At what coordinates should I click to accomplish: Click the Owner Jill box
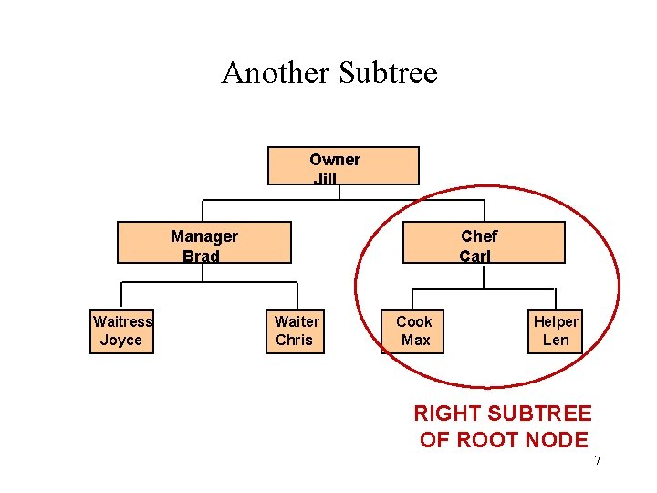coord(342,166)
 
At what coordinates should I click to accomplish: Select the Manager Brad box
coord(204,243)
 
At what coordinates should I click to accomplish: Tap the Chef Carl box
coord(484,243)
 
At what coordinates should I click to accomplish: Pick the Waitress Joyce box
coord(121,331)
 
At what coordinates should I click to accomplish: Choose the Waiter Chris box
coord(296,331)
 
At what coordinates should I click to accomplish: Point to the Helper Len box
coord(555,331)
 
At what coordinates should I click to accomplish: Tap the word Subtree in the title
coord(388,72)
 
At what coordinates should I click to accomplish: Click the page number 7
coord(598,460)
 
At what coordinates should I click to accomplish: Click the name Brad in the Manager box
coord(201,257)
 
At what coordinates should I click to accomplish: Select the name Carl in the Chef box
coord(475,257)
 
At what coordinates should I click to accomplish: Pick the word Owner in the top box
coord(334,160)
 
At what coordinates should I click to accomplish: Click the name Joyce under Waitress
coord(121,341)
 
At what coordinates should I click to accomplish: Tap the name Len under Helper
coord(556,341)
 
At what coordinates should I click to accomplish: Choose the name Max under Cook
coord(415,341)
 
